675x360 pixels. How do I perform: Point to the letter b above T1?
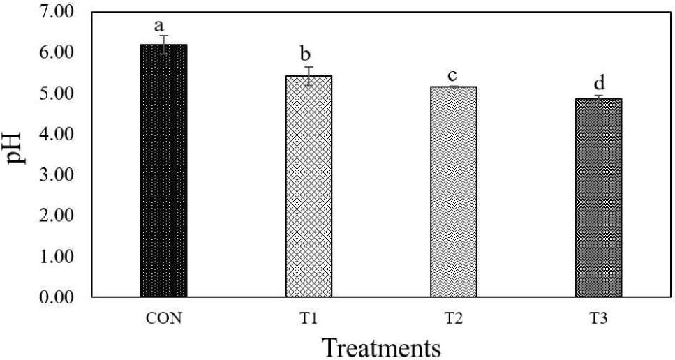(309, 55)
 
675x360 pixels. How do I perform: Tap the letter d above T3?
(598, 85)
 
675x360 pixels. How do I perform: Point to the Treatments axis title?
(380, 347)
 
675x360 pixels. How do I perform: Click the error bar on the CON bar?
(163, 45)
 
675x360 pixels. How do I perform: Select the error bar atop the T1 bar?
(309, 75)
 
